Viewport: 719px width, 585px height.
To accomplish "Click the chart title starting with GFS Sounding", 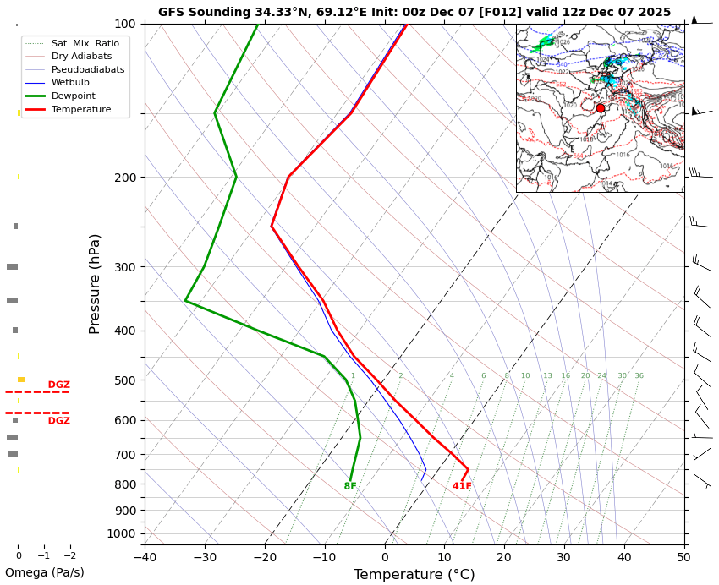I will click(414, 12).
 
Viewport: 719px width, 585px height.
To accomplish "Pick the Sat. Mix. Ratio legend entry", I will click(85, 43).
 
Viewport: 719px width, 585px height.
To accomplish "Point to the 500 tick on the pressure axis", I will click(125, 380).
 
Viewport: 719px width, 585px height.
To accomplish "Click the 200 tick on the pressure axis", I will click(125, 178).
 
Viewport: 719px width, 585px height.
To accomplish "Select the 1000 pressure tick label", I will click(122, 533).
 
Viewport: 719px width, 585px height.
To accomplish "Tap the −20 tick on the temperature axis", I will click(265, 557).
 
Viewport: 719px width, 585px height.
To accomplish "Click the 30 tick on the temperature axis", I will click(564, 557).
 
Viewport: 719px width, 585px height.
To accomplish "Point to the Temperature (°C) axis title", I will click(414, 575).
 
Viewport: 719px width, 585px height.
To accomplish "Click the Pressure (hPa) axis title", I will click(95, 283).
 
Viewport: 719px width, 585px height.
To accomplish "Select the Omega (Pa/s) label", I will click(45, 572).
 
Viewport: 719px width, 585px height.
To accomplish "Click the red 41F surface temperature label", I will click(462, 486).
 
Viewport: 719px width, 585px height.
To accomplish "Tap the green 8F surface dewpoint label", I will click(350, 486).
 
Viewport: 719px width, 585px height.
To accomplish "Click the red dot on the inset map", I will click(601, 108).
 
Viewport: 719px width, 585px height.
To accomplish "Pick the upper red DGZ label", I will click(59, 385).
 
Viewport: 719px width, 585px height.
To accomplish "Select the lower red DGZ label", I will click(59, 421).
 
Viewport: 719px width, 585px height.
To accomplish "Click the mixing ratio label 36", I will click(639, 376).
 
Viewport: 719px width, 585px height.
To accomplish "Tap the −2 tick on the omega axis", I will click(70, 556).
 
